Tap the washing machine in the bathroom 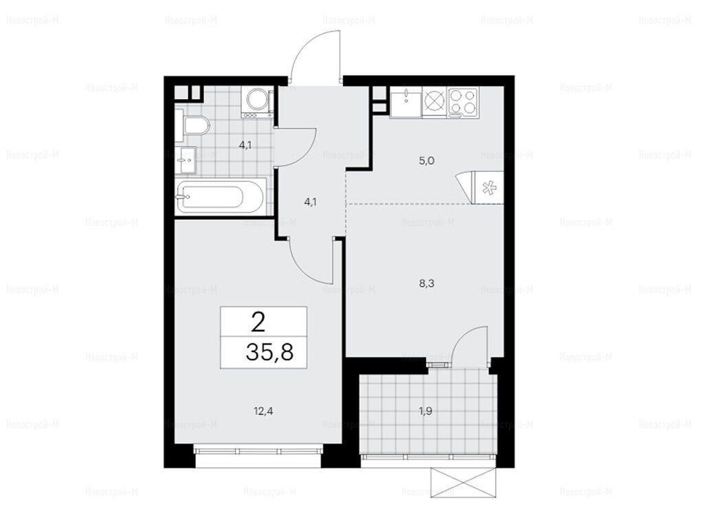pos(257,102)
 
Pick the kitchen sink pos(406,102)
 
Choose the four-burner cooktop pos(463,102)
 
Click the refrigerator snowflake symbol pos(489,188)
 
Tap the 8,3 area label pos(426,283)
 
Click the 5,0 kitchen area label pos(426,161)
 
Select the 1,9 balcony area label pos(425,410)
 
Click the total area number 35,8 pos(269,352)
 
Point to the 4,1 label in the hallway pos(310,202)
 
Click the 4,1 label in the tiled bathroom pos(245,145)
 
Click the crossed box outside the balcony pos(463,482)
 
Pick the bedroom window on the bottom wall pos(258,450)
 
